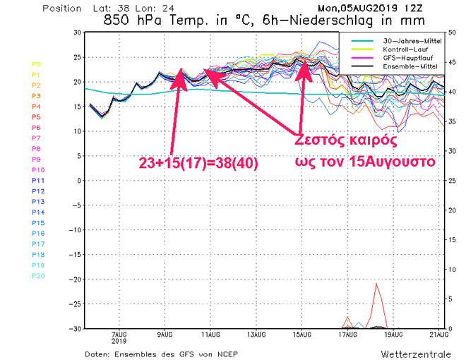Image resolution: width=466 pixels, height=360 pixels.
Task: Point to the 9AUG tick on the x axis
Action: tap(165, 335)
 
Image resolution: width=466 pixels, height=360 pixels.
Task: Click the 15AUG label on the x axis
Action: tap(302, 335)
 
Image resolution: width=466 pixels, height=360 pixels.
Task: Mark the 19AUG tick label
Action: tap(393, 335)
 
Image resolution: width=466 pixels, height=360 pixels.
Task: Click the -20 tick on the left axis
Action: tap(75, 279)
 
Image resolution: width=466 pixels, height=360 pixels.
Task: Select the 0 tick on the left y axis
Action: tap(78, 180)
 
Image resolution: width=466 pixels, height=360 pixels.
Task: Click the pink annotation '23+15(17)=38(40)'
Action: tap(200, 163)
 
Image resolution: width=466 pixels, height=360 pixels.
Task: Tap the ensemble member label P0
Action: tap(36, 64)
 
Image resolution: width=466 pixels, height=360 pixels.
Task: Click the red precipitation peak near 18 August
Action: tap(377, 284)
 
